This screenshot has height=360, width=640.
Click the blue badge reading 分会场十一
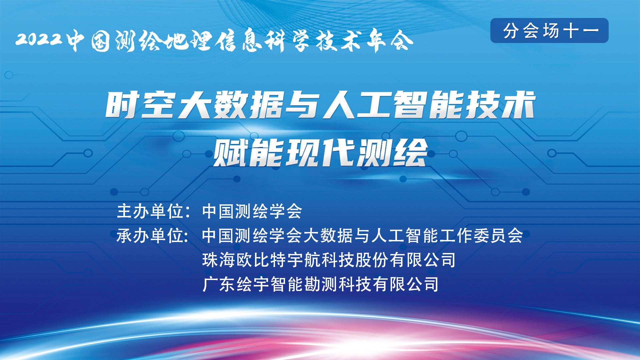pyautogui.click(x=549, y=30)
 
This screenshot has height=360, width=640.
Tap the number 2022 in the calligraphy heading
pyautogui.click(x=39, y=39)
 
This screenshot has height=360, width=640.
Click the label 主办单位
pyautogui.click(x=150, y=211)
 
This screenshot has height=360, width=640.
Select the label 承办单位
pyautogui.click(x=150, y=236)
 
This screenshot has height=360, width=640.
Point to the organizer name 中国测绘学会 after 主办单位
pyautogui.click(x=252, y=211)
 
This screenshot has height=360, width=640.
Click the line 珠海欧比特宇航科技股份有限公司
pyautogui.click(x=329, y=260)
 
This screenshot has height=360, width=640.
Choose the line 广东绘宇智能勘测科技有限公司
pyautogui.click(x=320, y=284)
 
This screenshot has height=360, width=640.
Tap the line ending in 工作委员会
pyautogui.click(x=362, y=236)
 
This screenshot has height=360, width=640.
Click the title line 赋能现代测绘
pyautogui.click(x=320, y=152)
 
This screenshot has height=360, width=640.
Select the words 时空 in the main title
pyautogui.click(x=141, y=105)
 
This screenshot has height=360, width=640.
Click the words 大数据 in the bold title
pyautogui.click(x=231, y=105)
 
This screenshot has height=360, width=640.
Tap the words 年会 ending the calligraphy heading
pyautogui.click(x=390, y=41)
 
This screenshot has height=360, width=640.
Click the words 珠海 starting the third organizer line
pyautogui.click(x=219, y=260)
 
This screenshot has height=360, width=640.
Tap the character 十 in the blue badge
pyautogui.click(x=571, y=31)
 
